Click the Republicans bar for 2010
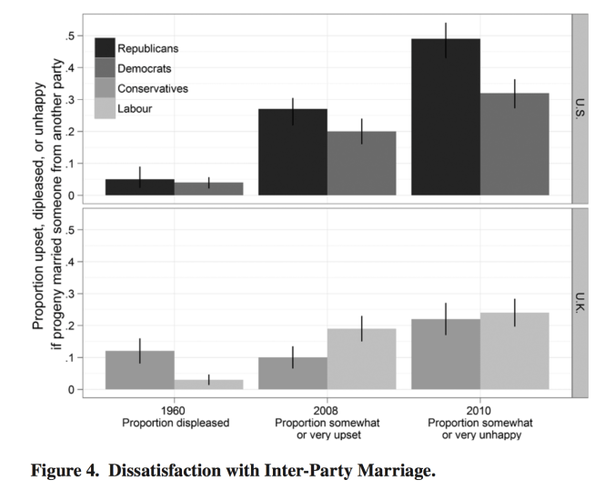[445, 118]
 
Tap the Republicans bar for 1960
[139, 187]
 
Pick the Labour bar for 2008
[361, 359]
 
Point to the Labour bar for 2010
[514, 351]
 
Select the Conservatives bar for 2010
[445, 355]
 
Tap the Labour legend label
[135, 109]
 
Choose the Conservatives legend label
[152, 88]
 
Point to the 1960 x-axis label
[172, 410]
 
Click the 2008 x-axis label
[327, 410]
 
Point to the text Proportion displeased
[172, 423]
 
